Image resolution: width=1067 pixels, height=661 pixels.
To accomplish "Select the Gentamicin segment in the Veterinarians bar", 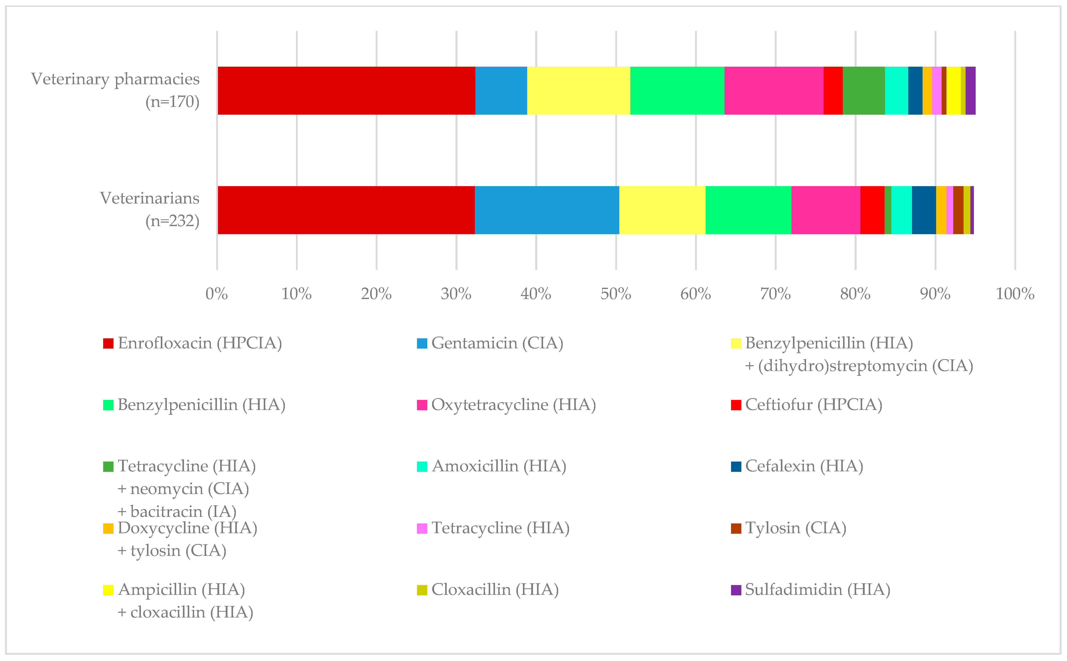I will [x=547, y=210].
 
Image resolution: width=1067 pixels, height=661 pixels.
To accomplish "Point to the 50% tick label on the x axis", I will [x=616, y=294].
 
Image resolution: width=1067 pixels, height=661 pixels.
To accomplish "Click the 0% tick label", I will [x=216, y=294].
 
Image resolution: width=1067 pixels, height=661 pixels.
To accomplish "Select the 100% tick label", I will [x=1015, y=294].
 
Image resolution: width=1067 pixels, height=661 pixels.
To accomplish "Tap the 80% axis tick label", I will [x=855, y=294].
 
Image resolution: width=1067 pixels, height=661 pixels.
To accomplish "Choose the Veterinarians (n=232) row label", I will [x=149, y=210].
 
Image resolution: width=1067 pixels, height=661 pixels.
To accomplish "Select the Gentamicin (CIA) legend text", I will [x=497, y=343].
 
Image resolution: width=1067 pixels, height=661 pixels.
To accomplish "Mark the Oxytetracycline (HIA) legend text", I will [x=513, y=405].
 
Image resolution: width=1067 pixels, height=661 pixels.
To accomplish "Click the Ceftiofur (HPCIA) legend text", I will [x=813, y=405].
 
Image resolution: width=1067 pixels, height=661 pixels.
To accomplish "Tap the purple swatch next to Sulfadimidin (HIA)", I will [x=736, y=590].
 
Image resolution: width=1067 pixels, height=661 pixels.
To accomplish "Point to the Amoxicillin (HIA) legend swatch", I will [x=422, y=467].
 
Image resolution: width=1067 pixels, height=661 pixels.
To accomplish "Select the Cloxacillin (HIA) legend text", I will [x=495, y=590].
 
